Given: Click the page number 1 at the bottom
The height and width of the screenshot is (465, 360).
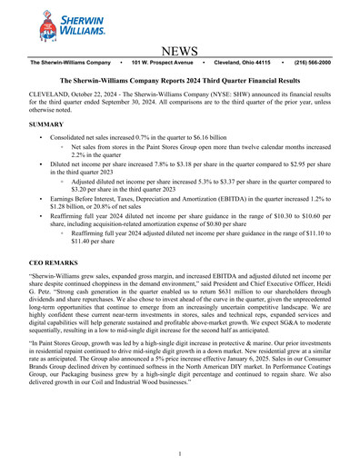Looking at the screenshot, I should pyautogui.click(x=180, y=454).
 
